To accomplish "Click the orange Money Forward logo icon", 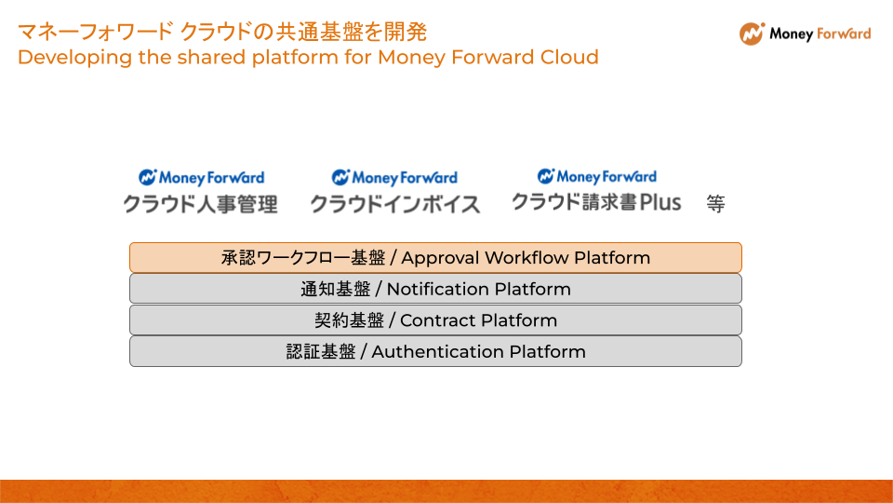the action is point(752,34).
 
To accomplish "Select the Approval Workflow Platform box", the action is point(435,258).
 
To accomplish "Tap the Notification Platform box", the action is point(435,289).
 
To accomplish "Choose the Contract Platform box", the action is point(435,319).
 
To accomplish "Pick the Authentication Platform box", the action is point(435,351).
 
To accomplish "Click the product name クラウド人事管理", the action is point(201,204).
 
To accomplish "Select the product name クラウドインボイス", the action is point(395,204).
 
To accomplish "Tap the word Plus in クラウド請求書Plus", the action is point(660,202).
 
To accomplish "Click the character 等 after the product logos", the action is point(716,204).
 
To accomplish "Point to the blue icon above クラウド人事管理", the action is point(148,177).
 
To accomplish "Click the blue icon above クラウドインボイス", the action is point(340,177).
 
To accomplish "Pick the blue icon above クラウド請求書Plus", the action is point(546,176).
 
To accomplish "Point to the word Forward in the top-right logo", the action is point(844,34).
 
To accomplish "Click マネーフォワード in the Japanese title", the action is point(95,32).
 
